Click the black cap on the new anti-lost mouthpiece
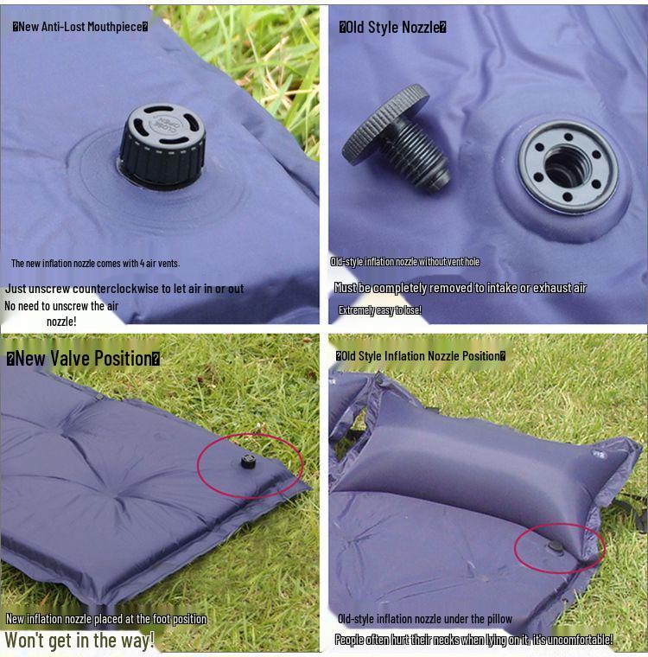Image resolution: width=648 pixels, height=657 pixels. (162, 142)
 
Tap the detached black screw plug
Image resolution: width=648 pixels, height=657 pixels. (397, 143)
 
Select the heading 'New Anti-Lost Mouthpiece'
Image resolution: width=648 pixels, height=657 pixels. (80, 26)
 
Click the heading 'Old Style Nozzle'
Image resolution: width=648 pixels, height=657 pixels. (392, 27)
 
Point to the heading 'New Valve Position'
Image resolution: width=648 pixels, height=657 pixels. (83, 358)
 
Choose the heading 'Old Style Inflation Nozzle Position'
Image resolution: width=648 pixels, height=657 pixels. (420, 355)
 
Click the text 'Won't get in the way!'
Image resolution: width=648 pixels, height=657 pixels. (79, 641)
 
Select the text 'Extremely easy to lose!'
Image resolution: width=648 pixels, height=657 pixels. (379, 309)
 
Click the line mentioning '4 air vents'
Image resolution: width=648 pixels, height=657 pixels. (95, 263)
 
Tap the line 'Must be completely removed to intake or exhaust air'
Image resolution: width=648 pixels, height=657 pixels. (460, 288)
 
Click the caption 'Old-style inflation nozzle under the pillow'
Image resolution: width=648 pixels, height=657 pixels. (424, 619)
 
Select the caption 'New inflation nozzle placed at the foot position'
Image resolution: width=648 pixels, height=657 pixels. (106, 619)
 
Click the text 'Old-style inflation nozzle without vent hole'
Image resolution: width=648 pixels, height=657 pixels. (404, 262)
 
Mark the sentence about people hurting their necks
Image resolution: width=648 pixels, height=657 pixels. (473, 640)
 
